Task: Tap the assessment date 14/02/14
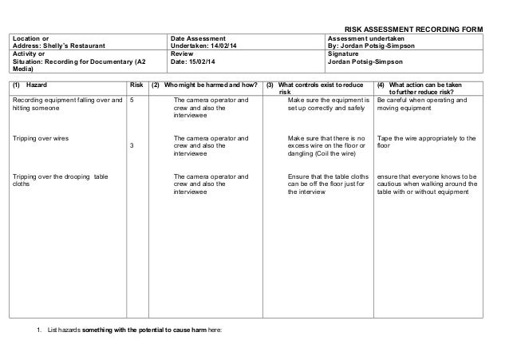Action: (219, 45)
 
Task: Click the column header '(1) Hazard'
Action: (33, 85)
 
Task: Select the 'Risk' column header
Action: (136, 85)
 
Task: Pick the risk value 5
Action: (132, 101)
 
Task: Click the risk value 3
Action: (132, 146)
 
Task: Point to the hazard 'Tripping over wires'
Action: (40, 138)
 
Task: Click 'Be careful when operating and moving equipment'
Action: (424, 105)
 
